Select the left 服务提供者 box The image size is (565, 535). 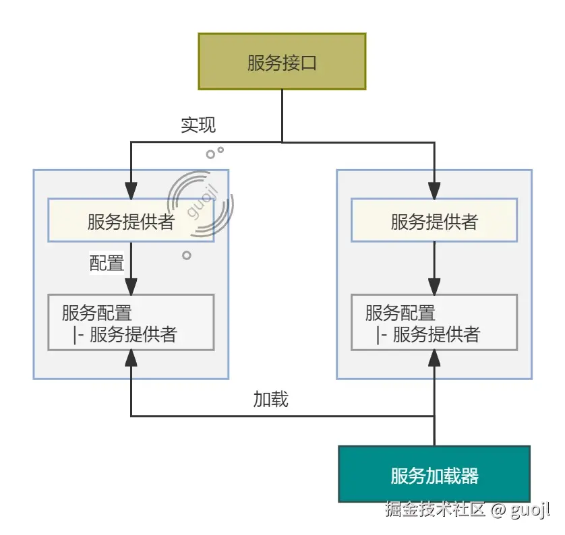[131, 220]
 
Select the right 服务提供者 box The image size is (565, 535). [434, 220]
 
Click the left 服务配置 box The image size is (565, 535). [131, 322]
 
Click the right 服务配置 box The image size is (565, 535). [434, 322]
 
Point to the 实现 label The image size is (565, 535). [198, 125]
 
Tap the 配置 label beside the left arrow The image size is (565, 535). [107, 263]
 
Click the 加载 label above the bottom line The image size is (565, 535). [270, 400]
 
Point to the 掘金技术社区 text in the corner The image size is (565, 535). [435, 509]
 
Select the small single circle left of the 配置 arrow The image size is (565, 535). [187, 255]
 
